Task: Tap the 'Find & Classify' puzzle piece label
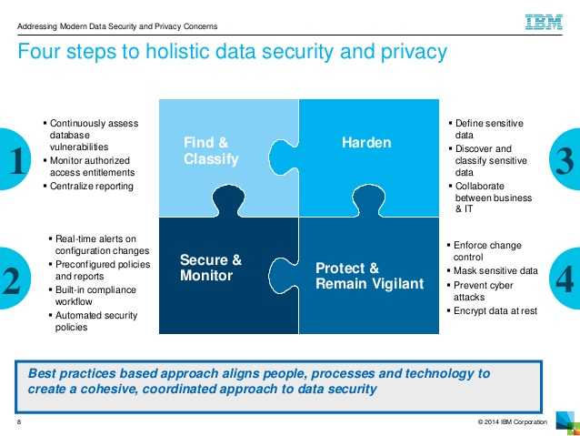tap(211, 151)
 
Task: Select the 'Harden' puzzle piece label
tap(366, 143)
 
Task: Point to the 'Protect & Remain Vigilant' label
tap(369, 276)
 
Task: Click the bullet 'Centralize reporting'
tap(91, 187)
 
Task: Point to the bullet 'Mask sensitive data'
tap(496, 271)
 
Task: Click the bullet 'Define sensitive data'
tap(489, 128)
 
